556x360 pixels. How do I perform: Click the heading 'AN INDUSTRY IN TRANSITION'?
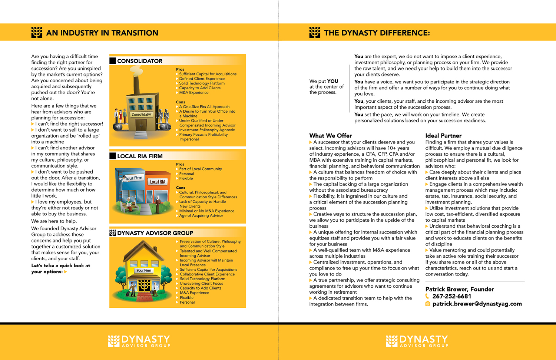[102, 33]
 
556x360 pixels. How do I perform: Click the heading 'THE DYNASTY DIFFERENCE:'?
[377, 33]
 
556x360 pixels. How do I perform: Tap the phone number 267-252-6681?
[451, 296]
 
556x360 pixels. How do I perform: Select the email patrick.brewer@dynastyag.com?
[477, 304]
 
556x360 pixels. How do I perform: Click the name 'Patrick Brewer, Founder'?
[459, 289]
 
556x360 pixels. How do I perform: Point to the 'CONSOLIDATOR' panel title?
[140, 61]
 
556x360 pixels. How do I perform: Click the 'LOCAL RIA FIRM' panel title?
[140, 156]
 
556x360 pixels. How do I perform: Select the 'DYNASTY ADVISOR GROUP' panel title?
[155, 233]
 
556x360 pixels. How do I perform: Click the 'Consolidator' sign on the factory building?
[142, 115]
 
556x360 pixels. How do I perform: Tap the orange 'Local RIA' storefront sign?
[158, 182]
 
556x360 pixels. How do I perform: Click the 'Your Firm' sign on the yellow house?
[144, 270]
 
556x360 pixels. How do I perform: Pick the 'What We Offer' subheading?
[330, 136]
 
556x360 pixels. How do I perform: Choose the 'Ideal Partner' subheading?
[443, 136]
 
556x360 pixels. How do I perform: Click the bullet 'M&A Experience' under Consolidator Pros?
[193, 93]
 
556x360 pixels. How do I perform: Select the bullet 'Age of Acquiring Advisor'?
[201, 215]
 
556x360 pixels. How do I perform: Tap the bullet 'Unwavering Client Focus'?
[201, 284]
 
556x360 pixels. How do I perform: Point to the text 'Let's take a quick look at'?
[61, 265]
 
